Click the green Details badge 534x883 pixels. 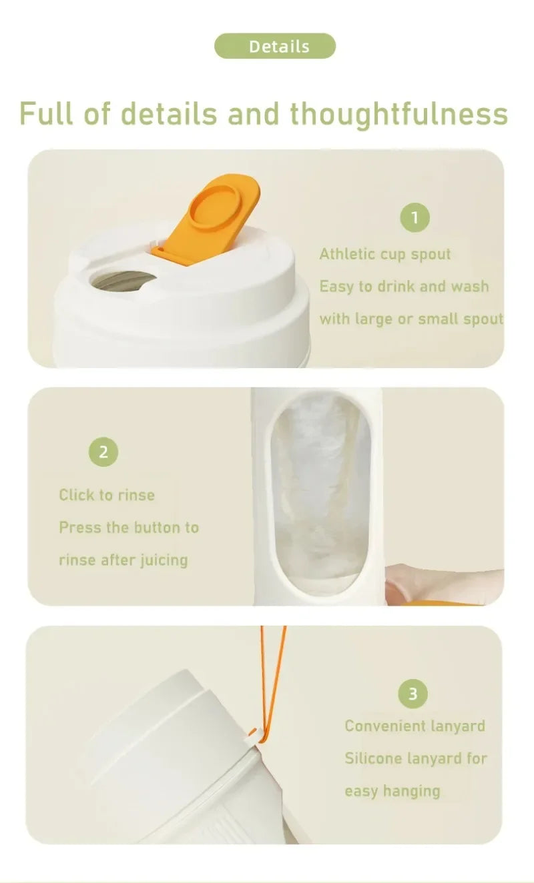[274, 46]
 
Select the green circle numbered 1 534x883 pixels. [415, 218]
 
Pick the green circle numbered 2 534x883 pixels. [103, 452]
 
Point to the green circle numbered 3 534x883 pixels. [413, 694]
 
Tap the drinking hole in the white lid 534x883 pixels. [124, 281]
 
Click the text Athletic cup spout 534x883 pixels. [384, 254]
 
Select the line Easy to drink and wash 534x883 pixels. [404, 287]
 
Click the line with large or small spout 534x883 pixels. [411, 319]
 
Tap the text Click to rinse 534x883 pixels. [107, 495]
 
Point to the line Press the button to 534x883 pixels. [129, 528]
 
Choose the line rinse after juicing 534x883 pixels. [123, 560]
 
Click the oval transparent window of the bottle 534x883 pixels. [319, 494]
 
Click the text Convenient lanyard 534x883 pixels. [415, 726]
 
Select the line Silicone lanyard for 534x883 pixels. [415, 758]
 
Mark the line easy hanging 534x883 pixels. [392, 791]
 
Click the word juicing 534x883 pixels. [164, 560]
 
